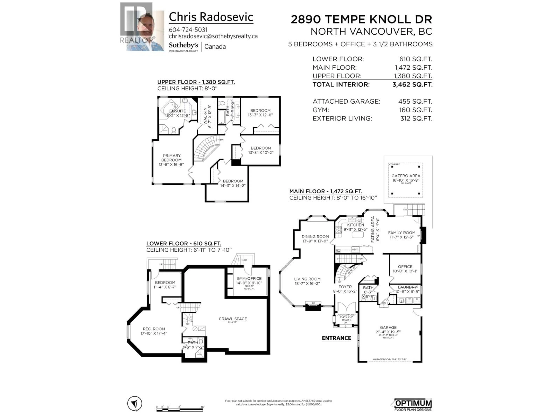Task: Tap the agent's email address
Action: (213, 36)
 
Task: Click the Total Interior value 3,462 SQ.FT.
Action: (412, 85)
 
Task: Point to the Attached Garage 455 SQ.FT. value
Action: (415, 101)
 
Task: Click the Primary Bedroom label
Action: (171, 158)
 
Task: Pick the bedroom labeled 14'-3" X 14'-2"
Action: (233, 183)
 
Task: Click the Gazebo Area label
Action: (406, 176)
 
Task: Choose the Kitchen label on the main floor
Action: (355, 225)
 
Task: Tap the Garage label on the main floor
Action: (388, 327)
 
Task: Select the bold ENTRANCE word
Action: (336, 338)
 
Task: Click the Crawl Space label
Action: (233, 319)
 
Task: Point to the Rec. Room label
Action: (154, 329)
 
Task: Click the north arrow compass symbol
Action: (135, 403)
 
